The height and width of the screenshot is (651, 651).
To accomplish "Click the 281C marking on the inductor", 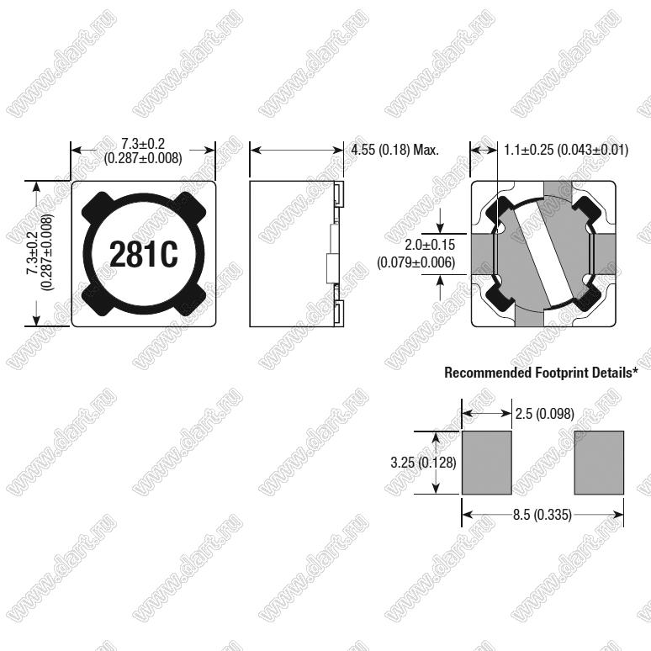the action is click(x=144, y=254).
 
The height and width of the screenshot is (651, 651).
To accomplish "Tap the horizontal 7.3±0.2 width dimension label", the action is click(x=143, y=144).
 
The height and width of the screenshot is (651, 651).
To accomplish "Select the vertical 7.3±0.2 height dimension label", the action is click(x=33, y=252).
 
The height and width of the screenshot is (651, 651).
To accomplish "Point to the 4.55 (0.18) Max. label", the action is click(x=394, y=150).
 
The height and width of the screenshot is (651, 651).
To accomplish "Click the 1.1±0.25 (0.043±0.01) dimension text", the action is click(x=566, y=150).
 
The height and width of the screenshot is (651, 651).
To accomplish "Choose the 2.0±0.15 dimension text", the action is click(x=430, y=245).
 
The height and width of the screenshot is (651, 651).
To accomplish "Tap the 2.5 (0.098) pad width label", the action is click(x=545, y=414).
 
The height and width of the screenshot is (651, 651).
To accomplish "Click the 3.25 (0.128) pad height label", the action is click(x=423, y=463).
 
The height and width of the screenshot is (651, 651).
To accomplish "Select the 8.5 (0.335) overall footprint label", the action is click(x=542, y=515).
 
